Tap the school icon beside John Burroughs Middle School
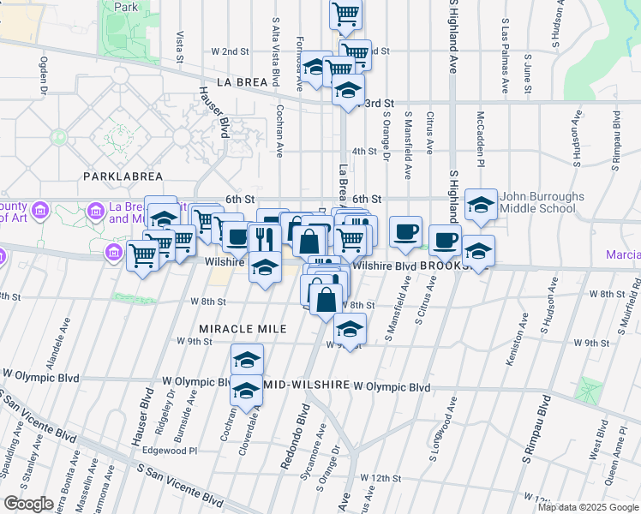pyautogui.click(x=482, y=205)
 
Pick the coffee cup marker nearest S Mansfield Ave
pyautogui.click(x=405, y=231)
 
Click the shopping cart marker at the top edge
pyautogui.click(x=345, y=13)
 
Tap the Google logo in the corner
pyautogui.click(x=28, y=504)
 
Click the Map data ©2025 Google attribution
pyautogui.click(x=587, y=507)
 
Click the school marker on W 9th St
pyautogui.click(x=350, y=328)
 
